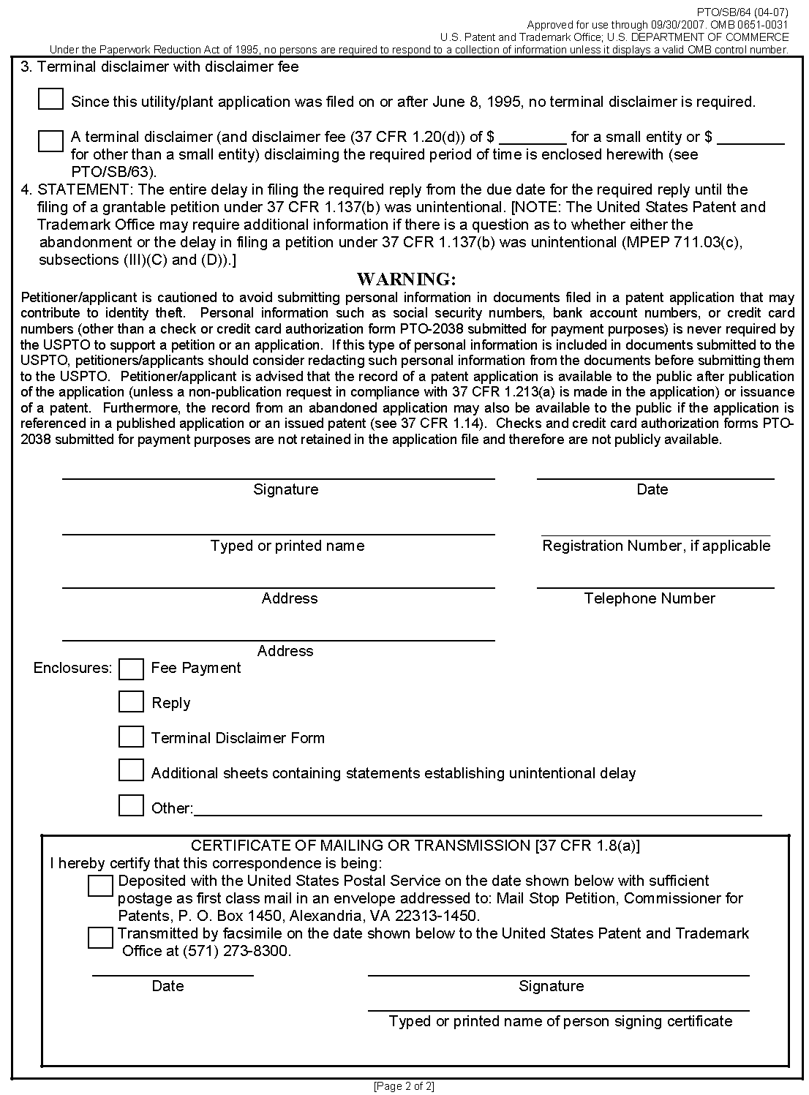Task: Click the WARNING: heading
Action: point(406,279)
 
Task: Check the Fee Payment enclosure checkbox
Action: point(131,669)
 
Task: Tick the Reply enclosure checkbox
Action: point(131,702)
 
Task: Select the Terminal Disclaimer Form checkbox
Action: point(131,737)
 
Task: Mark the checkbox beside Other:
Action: point(131,806)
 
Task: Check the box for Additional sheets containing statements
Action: point(131,770)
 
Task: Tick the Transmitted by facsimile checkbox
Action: point(100,938)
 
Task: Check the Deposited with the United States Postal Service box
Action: point(100,886)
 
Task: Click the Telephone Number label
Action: point(650,598)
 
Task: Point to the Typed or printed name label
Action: point(287,546)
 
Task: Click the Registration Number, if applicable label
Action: point(656,546)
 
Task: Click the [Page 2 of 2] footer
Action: point(404,1086)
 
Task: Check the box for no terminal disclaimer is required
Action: point(50,99)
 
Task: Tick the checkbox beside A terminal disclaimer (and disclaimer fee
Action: point(50,141)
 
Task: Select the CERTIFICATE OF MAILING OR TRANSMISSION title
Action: point(415,846)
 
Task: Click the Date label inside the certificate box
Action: point(168,986)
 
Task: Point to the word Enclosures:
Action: point(72,668)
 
